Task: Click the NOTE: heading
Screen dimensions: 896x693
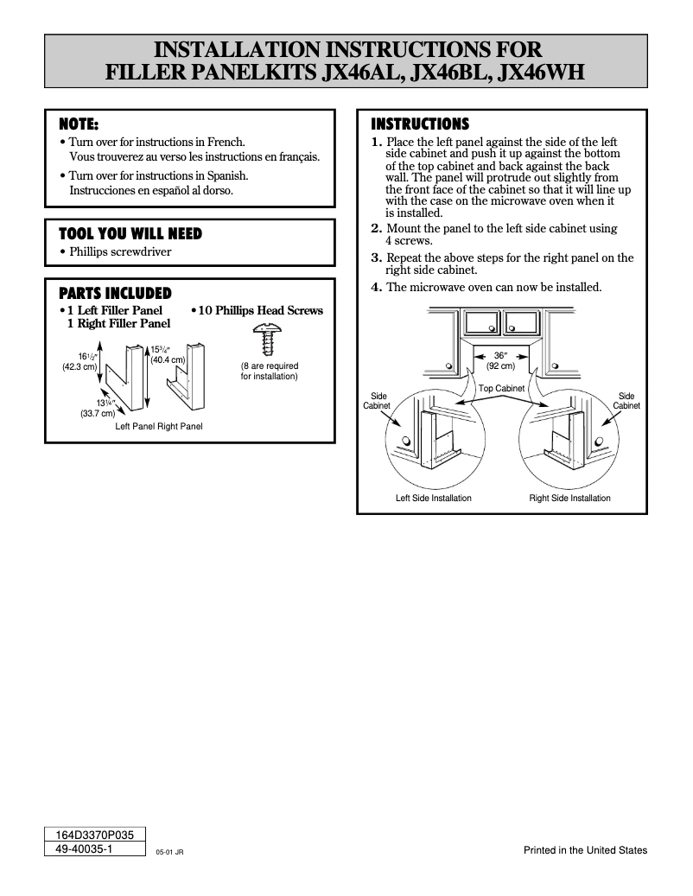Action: pyautogui.click(x=78, y=124)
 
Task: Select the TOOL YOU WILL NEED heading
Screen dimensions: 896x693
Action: pyautogui.click(x=130, y=234)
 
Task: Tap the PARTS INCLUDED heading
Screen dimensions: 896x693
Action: pyautogui.click(x=114, y=294)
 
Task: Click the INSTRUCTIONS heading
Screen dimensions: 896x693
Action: pyautogui.click(x=420, y=124)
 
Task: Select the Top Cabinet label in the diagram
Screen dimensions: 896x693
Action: pyautogui.click(x=501, y=389)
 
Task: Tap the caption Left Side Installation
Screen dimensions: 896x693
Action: pyautogui.click(x=433, y=499)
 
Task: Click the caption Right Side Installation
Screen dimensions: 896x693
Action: pyautogui.click(x=569, y=499)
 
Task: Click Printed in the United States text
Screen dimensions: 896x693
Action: pyautogui.click(x=585, y=850)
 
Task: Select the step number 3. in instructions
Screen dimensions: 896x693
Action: pyautogui.click(x=376, y=257)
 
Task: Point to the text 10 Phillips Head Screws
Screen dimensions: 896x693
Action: pyautogui.click(x=261, y=310)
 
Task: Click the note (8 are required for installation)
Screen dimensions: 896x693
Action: pyautogui.click(x=269, y=372)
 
